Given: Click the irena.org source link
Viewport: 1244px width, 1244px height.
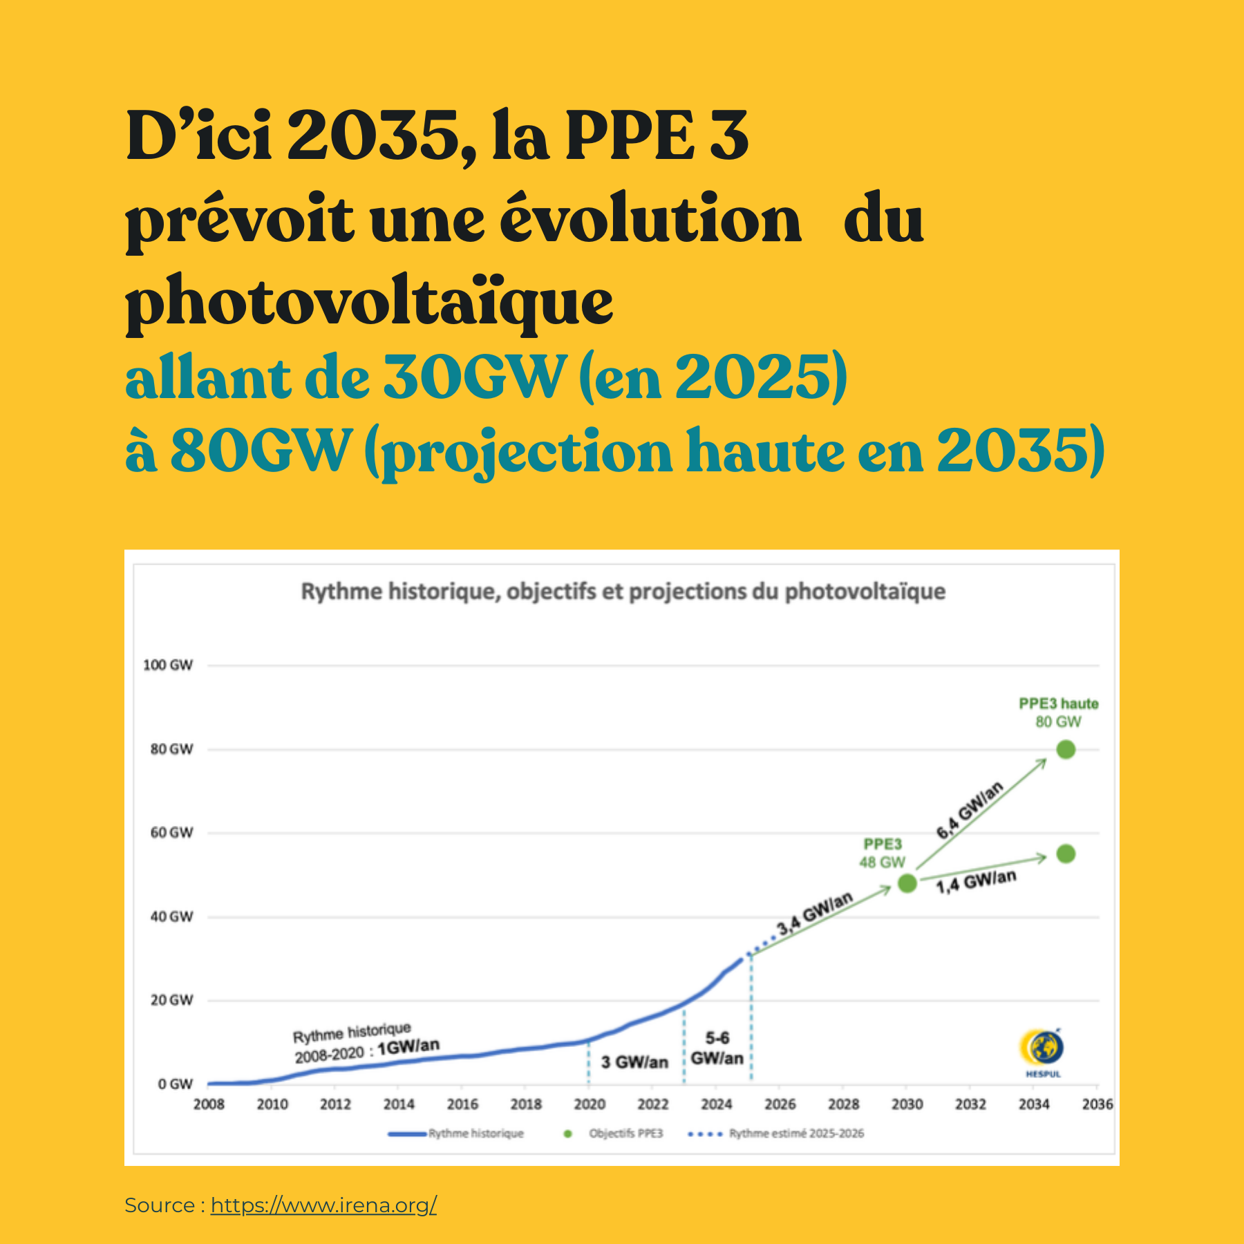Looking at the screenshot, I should pyautogui.click(x=323, y=1205).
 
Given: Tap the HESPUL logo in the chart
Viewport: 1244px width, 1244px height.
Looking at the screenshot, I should pyautogui.click(x=1042, y=1051).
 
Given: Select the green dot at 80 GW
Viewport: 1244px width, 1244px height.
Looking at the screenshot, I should pyautogui.click(x=1066, y=749).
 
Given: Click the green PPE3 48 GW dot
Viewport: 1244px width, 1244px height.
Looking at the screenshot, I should pyautogui.click(x=907, y=883).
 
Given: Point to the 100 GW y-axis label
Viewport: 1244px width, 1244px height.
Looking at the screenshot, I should pyautogui.click(x=168, y=665).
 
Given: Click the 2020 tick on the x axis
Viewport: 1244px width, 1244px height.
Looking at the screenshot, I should pyautogui.click(x=590, y=1104).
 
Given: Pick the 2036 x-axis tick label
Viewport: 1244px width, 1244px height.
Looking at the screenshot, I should pyautogui.click(x=1097, y=1104).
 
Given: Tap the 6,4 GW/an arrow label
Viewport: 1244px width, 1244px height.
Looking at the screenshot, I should pyautogui.click(x=969, y=810).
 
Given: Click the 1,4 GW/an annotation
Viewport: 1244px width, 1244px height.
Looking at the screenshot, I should pyautogui.click(x=976, y=882).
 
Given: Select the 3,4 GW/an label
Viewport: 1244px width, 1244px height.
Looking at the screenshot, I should pyautogui.click(x=814, y=914).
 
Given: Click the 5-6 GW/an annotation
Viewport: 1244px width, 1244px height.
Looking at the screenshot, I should pyautogui.click(x=717, y=1048).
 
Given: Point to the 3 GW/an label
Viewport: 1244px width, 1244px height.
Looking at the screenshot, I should pyautogui.click(x=634, y=1062).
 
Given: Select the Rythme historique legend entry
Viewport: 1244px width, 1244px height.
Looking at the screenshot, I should pyautogui.click(x=475, y=1133).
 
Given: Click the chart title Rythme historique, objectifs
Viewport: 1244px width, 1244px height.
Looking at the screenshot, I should pyautogui.click(x=623, y=592).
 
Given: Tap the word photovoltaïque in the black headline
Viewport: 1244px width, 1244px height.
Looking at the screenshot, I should pyautogui.click(x=369, y=302).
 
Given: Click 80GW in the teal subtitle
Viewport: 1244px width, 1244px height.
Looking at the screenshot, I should pyautogui.click(x=261, y=450).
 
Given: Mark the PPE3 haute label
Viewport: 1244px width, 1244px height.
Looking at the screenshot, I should pyautogui.click(x=1058, y=704).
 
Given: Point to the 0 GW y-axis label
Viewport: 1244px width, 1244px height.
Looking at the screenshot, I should pyautogui.click(x=175, y=1084).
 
